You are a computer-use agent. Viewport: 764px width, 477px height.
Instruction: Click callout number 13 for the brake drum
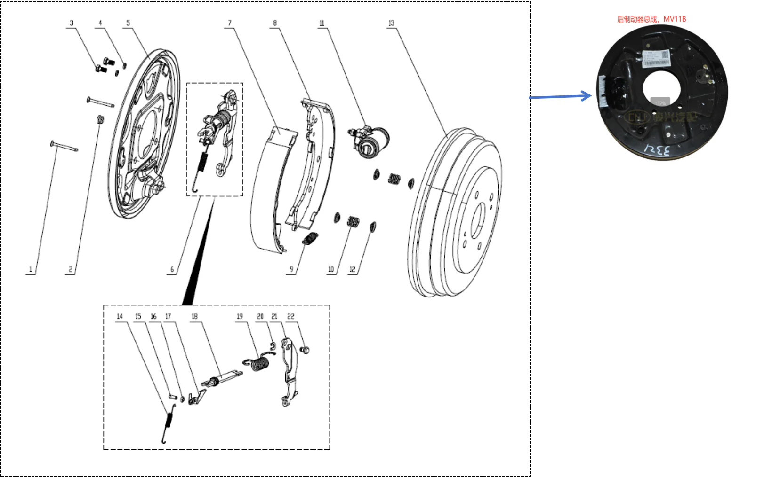pyautogui.click(x=391, y=23)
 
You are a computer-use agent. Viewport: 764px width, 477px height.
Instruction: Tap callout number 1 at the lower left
pyautogui.click(x=31, y=269)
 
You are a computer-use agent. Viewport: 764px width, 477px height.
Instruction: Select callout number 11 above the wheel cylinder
pyautogui.click(x=322, y=23)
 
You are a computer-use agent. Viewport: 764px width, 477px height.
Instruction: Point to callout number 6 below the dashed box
pyautogui.click(x=172, y=269)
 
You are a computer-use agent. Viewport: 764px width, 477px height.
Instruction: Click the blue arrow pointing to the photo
pyautogui.click(x=560, y=96)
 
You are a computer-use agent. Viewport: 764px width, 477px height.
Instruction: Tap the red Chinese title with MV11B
pyautogui.click(x=651, y=19)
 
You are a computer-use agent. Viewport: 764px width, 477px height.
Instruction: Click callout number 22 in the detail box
pyautogui.click(x=290, y=316)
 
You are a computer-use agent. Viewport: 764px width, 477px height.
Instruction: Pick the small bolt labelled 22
pyautogui.click(x=305, y=350)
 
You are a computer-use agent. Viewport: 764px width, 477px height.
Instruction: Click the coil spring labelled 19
pyautogui.click(x=259, y=363)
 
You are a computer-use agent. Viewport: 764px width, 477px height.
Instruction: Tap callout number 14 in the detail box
pyautogui.click(x=120, y=316)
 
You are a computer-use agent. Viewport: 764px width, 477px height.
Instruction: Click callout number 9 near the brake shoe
pyautogui.click(x=291, y=269)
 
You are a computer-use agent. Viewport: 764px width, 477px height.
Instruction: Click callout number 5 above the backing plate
pyautogui.click(x=128, y=23)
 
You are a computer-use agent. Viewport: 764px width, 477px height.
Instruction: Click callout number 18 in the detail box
pyautogui.click(x=194, y=316)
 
